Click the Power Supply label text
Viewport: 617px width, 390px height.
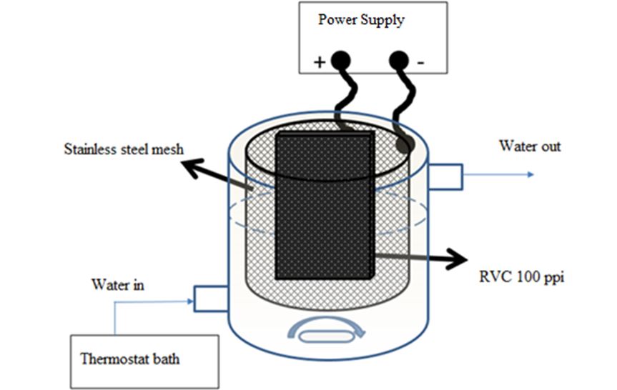tap(361, 20)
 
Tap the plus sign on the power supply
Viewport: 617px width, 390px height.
tap(319, 63)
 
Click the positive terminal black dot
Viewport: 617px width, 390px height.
tap(340, 60)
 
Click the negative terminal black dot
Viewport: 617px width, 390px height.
tap(398, 61)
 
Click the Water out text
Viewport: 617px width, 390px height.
tap(530, 146)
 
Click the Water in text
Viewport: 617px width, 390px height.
tap(117, 285)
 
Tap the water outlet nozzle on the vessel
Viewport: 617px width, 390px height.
tap(445, 175)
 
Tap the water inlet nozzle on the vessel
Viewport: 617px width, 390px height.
tap(210, 298)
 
